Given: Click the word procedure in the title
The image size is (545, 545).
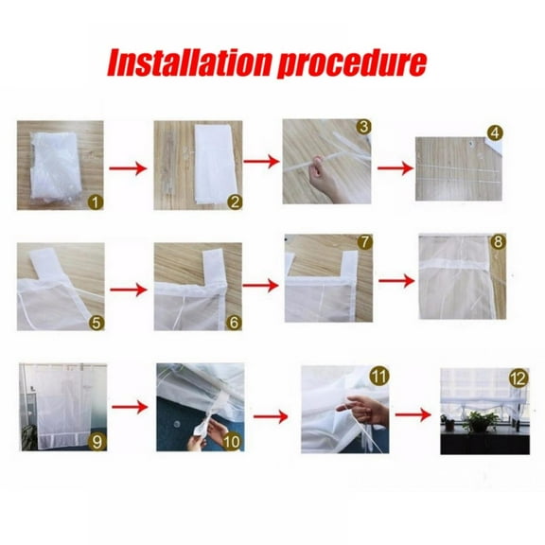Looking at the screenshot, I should pyautogui.click(x=349, y=62).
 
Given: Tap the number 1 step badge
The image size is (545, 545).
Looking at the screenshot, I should pyautogui.click(x=95, y=201).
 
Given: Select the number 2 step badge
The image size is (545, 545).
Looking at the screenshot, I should pyautogui.click(x=235, y=201).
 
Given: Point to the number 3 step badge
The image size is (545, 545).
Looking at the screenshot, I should pyautogui.click(x=362, y=127).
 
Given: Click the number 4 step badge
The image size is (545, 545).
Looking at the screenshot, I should pyautogui.click(x=495, y=132).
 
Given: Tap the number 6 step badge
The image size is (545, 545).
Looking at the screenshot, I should pyautogui.click(x=235, y=322).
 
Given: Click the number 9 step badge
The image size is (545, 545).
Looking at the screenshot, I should pyautogui.click(x=96, y=441).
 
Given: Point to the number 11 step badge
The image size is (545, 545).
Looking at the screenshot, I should pyautogui.click(x=379, y=375).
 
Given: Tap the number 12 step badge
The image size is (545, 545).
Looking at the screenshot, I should pyautogui.click(x=516, y=378).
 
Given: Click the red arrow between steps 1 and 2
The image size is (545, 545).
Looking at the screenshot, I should pyautogui.click(x=129, y=169).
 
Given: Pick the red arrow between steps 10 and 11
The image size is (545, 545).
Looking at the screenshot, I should pyautogui.click(x=271, y=413).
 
